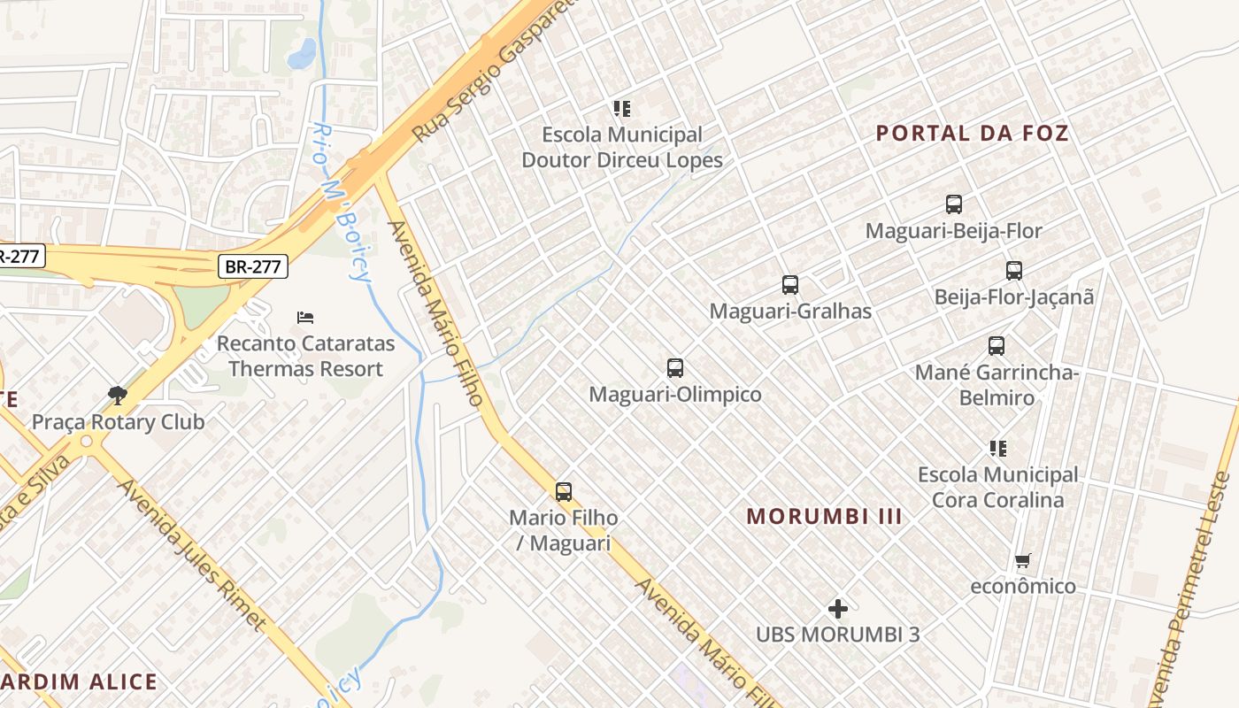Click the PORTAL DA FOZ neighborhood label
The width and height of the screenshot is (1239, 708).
(972, 134)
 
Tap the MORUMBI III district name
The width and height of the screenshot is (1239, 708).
(824, 516)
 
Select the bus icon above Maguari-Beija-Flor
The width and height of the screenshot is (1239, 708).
(953, 204)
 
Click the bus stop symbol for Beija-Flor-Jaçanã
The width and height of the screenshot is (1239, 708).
(1013, 271)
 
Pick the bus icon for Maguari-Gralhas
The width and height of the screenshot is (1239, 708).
(789, 285)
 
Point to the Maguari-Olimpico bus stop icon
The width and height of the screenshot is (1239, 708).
(674, 368)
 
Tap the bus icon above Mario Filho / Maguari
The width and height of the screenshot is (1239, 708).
(563, 492)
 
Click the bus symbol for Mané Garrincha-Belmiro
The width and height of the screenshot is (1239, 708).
(996, 346)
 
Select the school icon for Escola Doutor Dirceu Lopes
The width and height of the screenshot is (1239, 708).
(621, 109)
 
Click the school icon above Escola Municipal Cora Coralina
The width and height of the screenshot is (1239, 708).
(997, 449)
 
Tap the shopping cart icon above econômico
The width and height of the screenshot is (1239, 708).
(1023, 560)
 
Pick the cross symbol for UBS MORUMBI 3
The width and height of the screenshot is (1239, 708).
(837, 609)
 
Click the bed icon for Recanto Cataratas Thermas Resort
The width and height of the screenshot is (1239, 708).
(305, 317)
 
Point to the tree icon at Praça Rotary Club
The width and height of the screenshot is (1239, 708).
(117, 395)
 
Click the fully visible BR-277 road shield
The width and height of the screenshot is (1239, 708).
(253, 265)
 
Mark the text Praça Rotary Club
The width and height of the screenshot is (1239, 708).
(118, 422)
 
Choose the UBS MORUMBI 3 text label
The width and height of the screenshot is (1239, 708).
(837, 635)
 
